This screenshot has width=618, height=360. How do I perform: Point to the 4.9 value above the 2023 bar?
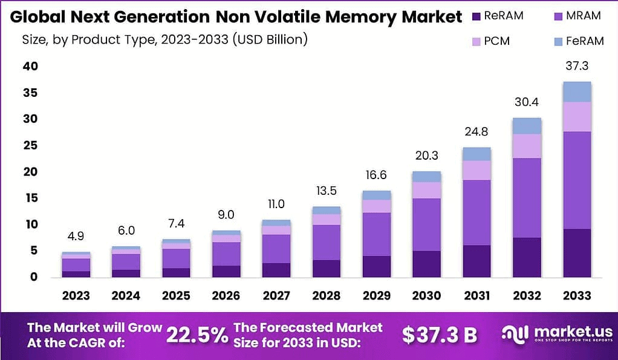tap(76, 237)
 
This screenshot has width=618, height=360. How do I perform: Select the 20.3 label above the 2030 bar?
tap(426, 157)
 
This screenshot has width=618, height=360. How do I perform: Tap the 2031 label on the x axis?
tap(476, 296)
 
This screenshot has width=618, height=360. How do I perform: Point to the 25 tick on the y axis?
tap(30, 146)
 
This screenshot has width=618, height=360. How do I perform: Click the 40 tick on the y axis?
tap(30, 67)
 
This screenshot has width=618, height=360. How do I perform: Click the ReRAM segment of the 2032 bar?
tap(526, 257)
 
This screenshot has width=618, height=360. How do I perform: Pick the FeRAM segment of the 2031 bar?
tap(476, 154)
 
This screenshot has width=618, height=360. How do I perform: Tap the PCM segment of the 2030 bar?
tap(426, 190)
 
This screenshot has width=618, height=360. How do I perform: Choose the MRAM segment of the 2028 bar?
tap(326, 242)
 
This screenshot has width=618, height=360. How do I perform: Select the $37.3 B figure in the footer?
tap(440, 335)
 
